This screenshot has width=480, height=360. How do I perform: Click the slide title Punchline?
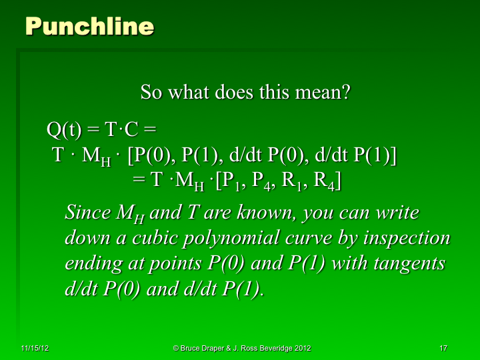tap(89, 26)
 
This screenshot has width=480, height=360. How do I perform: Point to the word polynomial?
tap(237, 239)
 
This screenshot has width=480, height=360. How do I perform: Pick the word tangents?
tap(408, 263)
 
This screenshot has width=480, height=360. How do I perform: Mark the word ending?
tap(92, 264)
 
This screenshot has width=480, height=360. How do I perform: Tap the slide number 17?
tap(443, 348)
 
